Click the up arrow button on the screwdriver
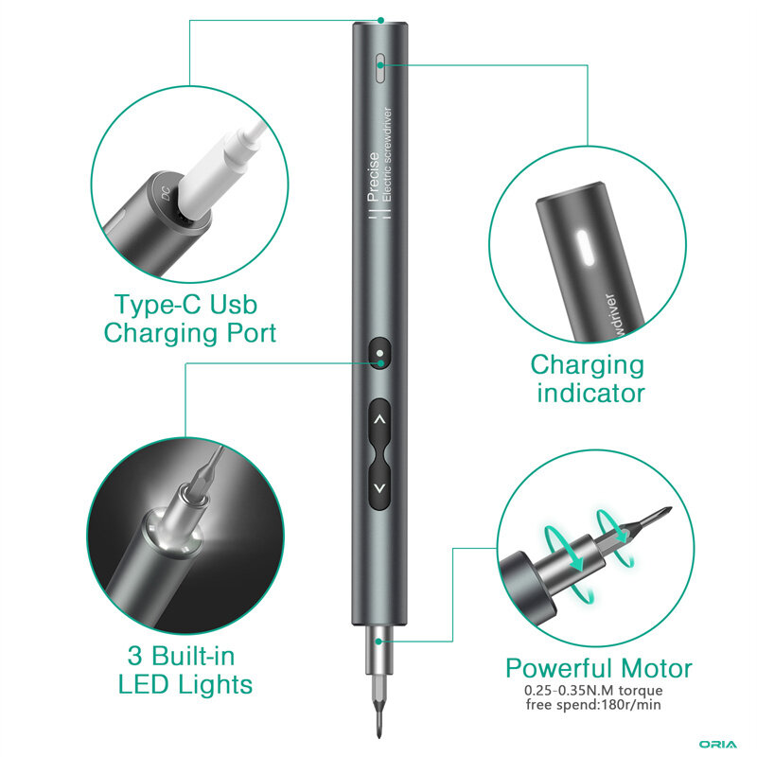pos(380,419)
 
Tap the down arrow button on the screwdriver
pos(380,488)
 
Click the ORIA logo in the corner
pos(718,745)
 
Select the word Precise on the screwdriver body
pos(373,177)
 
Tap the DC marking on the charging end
pos(166,194)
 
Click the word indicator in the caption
pos(590,393)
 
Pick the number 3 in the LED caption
pos(134,656)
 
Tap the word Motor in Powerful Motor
pos(657,669)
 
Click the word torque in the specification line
pos(641,691)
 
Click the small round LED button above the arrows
pos(380,353)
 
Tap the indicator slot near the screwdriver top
pos(380,67)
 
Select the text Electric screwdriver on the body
pos(387,154)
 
